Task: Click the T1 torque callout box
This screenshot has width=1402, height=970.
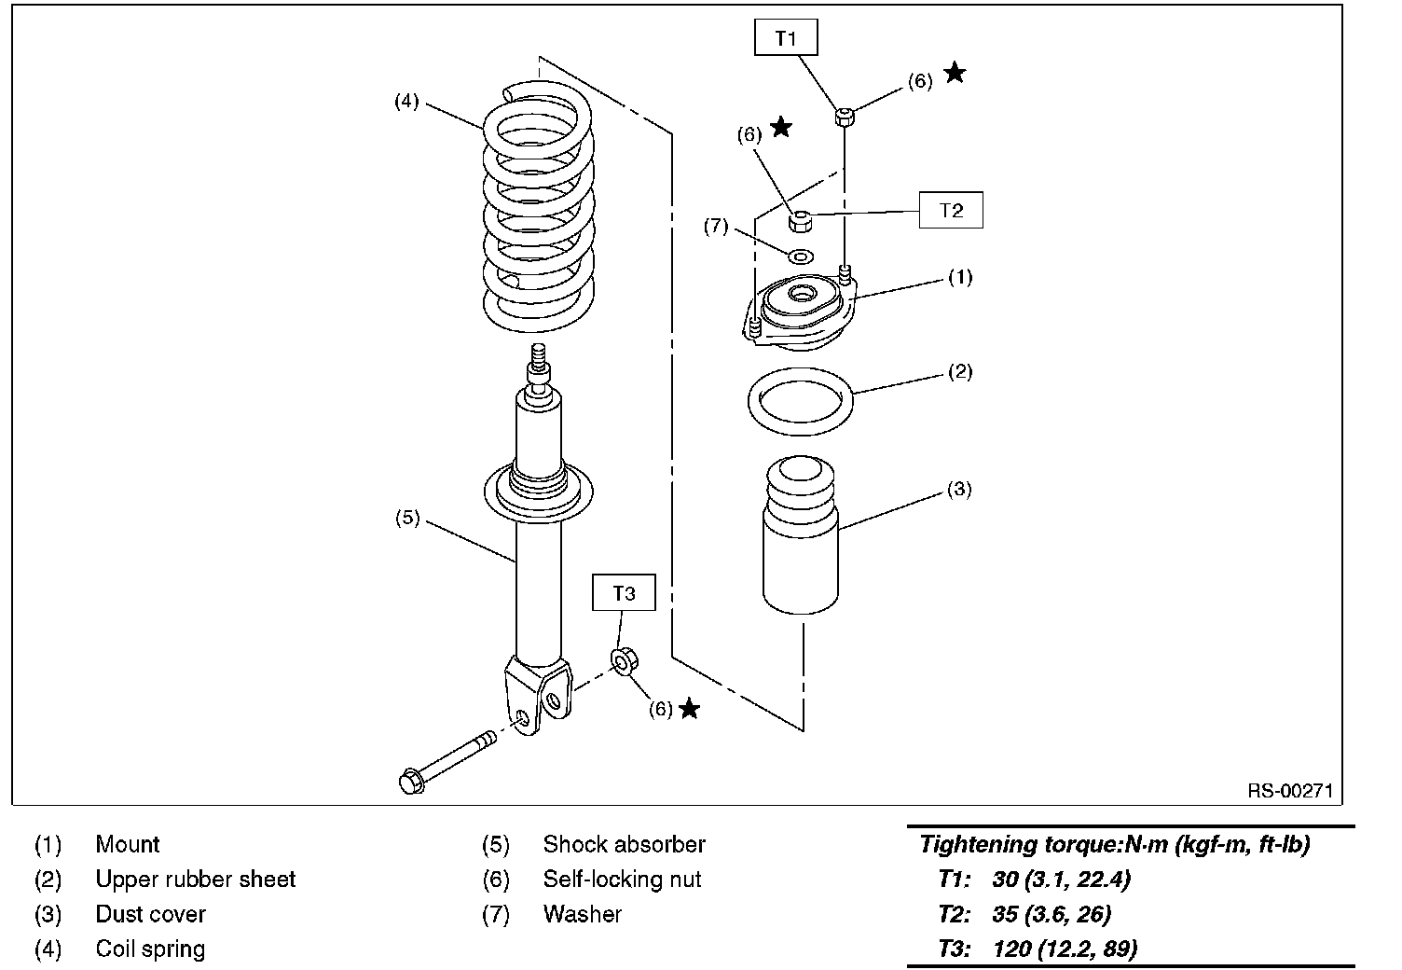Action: [786, 38]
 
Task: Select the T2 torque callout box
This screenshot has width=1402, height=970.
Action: [951, 211]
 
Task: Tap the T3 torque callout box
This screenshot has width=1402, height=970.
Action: [624, 593]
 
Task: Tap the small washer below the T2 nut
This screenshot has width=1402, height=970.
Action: [800, 256]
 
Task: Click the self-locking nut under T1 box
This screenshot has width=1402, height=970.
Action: [845, 117]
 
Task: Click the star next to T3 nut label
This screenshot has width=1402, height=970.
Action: [689, 709]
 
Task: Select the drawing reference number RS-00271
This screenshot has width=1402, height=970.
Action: [1290, 791]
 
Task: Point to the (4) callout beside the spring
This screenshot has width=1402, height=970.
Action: [406, 102]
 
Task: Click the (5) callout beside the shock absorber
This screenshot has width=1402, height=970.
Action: [407, 519]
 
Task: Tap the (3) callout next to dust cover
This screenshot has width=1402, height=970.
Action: [959, 489]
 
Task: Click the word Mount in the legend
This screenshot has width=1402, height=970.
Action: [128, 844]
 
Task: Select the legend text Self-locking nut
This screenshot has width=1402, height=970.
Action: [622, 879]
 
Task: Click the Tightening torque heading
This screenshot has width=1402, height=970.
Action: [1115, 845]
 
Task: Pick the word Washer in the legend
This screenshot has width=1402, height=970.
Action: [582, 914]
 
